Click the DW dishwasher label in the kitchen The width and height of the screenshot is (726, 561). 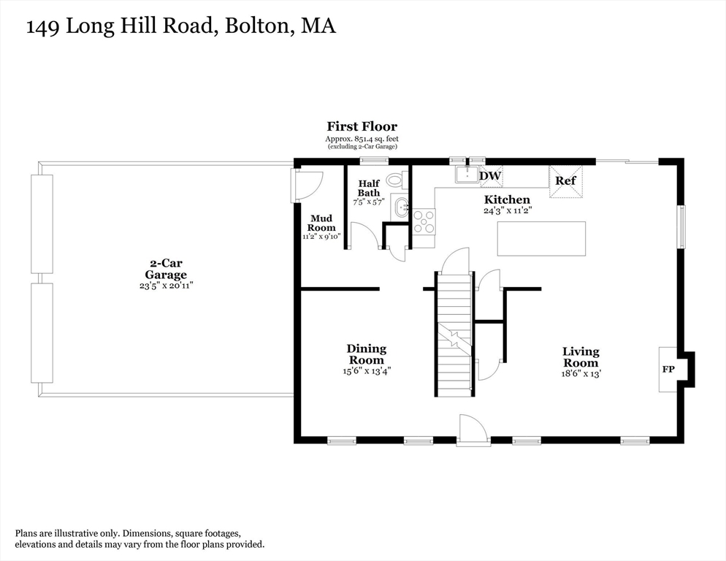(490, 176)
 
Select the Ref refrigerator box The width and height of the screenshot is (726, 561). (565, 181)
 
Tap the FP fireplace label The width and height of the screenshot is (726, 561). (668, 370)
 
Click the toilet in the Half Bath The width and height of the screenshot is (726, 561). (395, 179)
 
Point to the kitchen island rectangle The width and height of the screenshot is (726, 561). (541, 239)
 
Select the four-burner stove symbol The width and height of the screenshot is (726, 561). (424, 221)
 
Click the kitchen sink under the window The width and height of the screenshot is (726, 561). (467, 175)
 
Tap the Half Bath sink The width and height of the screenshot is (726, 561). (401, 207)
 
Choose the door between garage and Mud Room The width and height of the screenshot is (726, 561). (303, 186)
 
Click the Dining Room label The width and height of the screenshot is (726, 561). (366, 354)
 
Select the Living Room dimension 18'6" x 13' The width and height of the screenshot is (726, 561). (581, 374)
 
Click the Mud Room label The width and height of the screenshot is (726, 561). (321, 223)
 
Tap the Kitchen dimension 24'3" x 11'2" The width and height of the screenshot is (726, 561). (506, 210)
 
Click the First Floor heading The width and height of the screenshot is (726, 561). (362, 127)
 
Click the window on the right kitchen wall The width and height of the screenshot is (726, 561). (681, 226)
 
